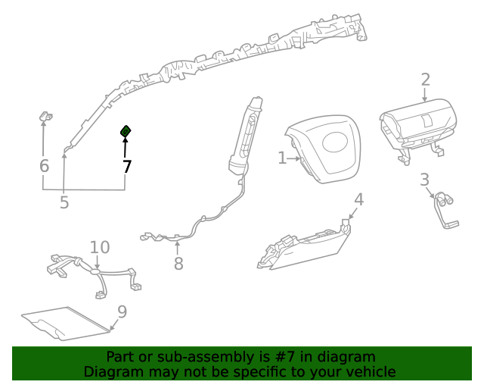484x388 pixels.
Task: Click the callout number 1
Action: click(x=281, y=158)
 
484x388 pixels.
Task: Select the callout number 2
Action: click(x=425, y=80)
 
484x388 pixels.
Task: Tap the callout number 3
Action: click(x=425, y=180)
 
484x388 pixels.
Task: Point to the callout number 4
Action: click(x=359, y=199)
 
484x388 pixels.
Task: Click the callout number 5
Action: click(x=64, y=202)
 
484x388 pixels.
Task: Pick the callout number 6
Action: click(x=44, y=166)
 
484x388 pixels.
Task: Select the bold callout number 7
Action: click(x=126, y=167)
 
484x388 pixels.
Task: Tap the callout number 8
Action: click(x=178, y=264)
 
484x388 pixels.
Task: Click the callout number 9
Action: click(x=122, y=311)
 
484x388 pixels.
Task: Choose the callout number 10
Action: click(x=100, y=247)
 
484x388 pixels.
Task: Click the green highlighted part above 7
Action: click(x=126, y=133)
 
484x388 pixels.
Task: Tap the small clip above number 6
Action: click(x=45, y=117)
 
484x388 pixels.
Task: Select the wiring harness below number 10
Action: click(x=95, y=273)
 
